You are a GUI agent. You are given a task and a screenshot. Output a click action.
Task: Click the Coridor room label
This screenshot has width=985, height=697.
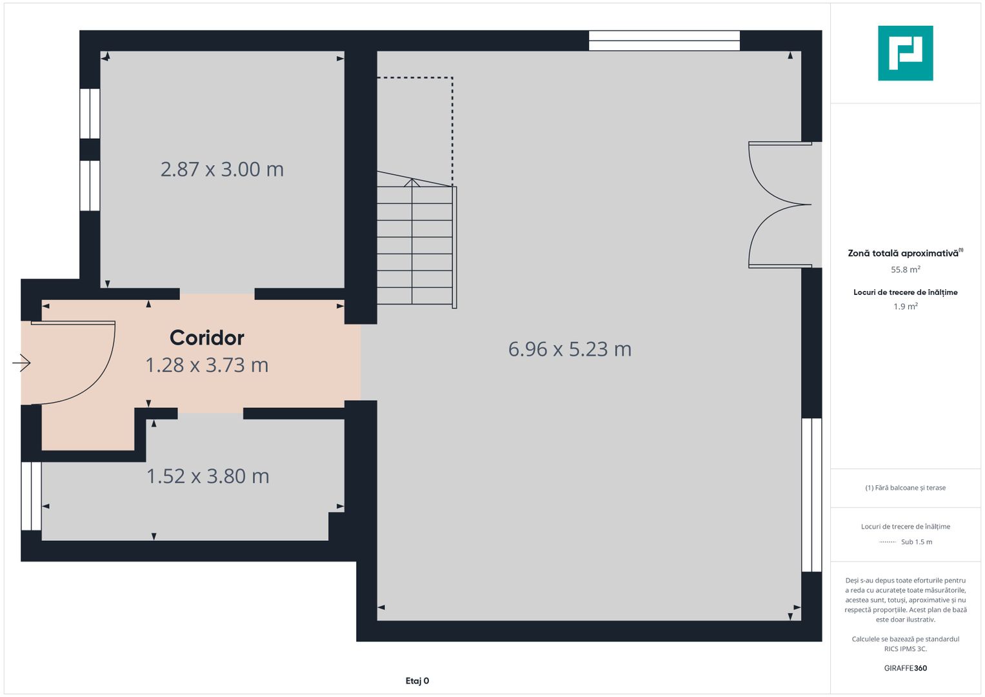[206, 338]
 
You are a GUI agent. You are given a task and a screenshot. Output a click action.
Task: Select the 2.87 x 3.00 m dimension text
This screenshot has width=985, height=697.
[222, 169]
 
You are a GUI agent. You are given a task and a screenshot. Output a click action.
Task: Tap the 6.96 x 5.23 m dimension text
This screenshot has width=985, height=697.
[570, 349]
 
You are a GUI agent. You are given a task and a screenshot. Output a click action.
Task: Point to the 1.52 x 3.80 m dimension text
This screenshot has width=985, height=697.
[208, 476]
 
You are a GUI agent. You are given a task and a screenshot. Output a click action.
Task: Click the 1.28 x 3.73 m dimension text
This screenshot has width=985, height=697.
[206, 365]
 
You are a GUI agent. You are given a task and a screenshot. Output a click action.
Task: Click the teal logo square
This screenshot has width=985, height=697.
[905, 53]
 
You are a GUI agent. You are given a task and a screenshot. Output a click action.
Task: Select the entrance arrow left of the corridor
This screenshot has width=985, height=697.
[21, 363]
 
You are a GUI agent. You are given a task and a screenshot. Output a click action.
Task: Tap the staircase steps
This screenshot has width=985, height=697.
[415, 245]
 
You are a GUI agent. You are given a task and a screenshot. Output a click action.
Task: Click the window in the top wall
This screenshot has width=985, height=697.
[664, 41]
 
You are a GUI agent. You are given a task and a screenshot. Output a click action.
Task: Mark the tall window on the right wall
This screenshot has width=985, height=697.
[811, 494]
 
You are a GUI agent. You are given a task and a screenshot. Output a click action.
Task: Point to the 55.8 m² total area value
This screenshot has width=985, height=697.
[905, 270]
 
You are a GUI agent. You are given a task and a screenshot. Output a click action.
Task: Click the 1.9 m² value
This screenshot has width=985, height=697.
[905, 307]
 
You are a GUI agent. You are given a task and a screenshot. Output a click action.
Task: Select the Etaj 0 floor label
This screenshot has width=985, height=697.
[417, 681]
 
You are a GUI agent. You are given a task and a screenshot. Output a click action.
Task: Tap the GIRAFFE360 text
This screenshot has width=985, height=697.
[905, 668]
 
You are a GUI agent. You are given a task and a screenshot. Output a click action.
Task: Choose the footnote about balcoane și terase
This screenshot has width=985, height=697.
[905, 488]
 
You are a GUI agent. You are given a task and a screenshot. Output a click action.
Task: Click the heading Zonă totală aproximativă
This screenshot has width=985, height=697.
[903, 253]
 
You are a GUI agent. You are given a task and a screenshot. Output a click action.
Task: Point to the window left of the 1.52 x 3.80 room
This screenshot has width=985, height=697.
[31, 496]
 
